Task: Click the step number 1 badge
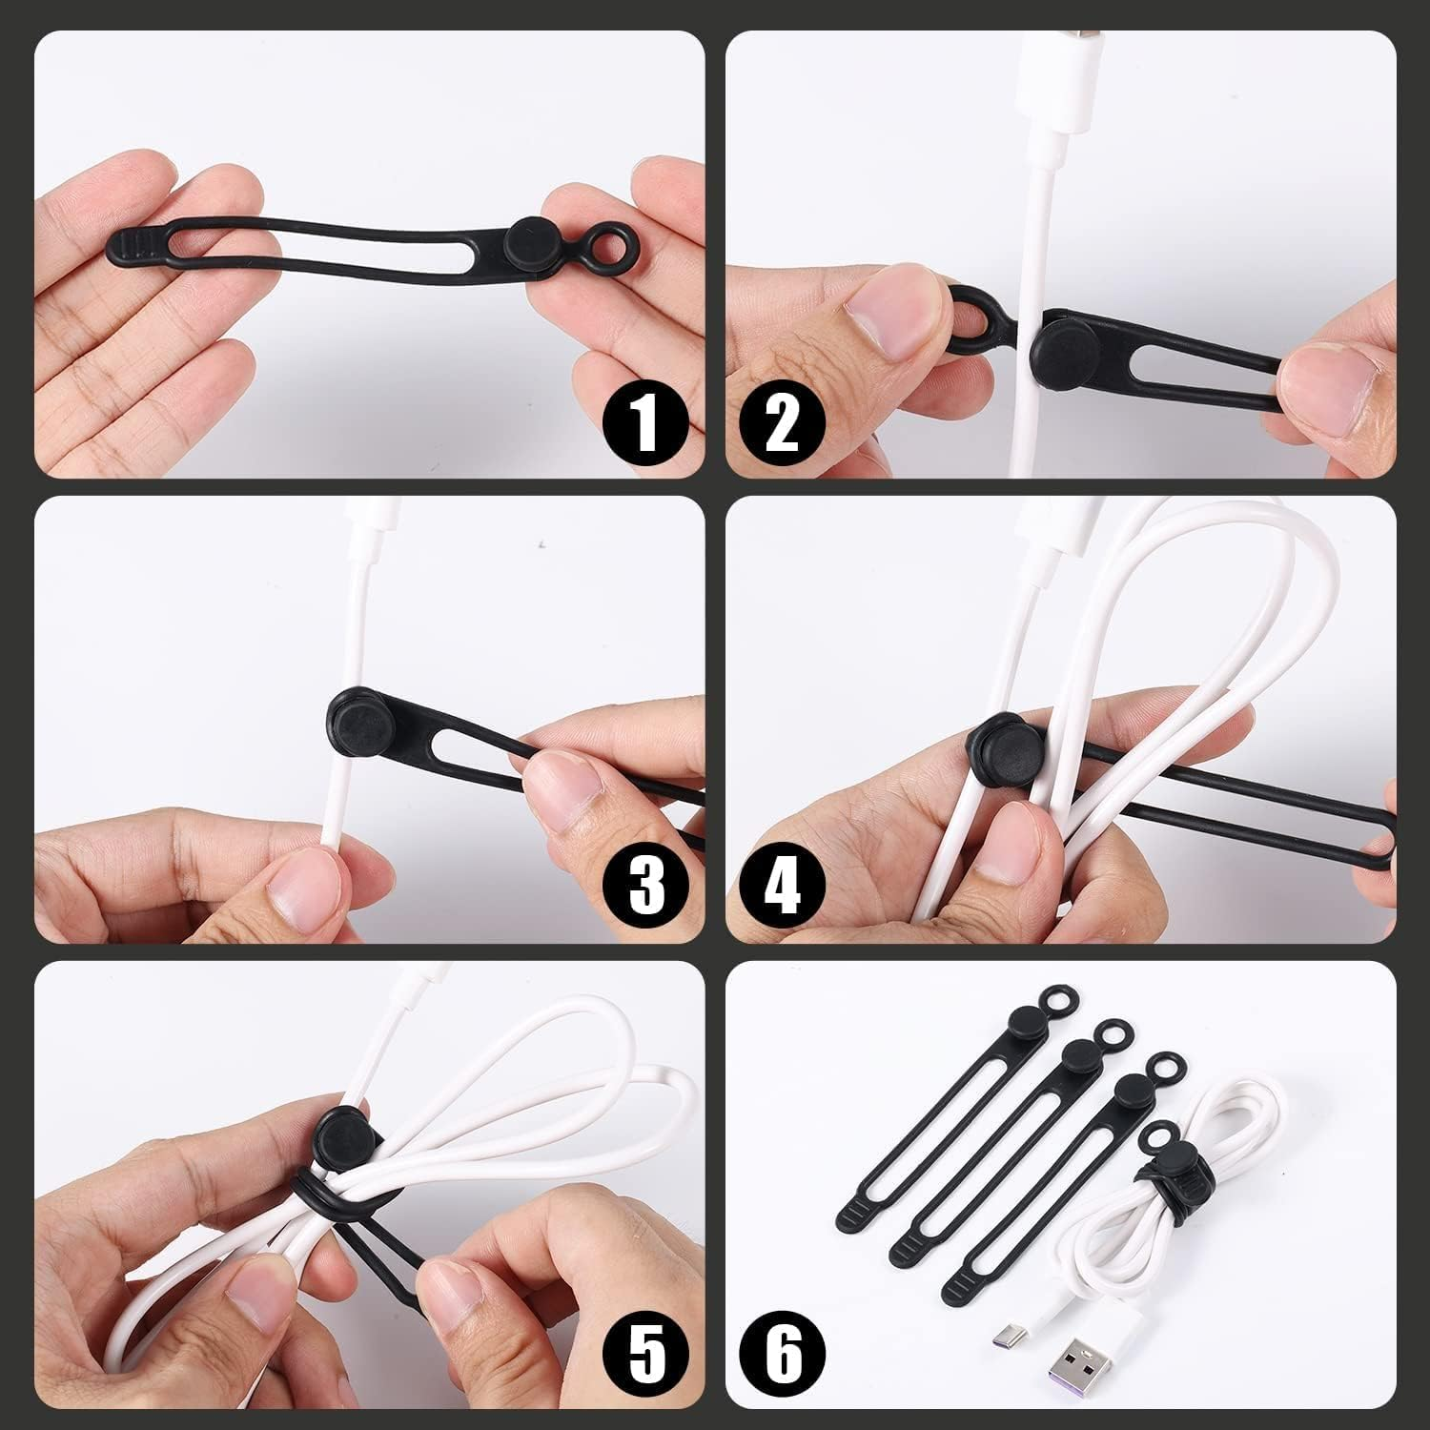pyautogui.click(x=646, y=424)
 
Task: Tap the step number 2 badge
pyautogui.click(x=782, y=424)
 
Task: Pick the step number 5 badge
pyautogui.click(x=646, y=1354)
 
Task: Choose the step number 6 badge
pyautogui.click(x=782, y=1354)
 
